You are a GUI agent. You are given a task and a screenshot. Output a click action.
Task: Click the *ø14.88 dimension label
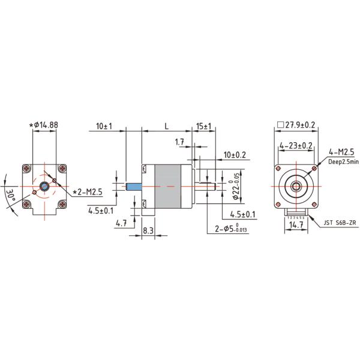click(43, 125)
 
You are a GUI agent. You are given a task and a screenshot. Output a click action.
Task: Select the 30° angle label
click(10, 194)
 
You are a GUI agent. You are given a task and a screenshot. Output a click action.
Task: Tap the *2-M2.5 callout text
click(88, 192)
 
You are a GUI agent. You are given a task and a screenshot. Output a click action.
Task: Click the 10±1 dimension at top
click(104, 127)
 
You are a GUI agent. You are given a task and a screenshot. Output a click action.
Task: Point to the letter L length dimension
click(166, 127)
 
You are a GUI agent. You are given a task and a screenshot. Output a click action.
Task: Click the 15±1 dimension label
click(204, 127)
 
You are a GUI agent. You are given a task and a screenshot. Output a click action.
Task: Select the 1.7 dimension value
click(179, 142)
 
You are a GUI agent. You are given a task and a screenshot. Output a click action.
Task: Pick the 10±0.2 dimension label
click(235, 155)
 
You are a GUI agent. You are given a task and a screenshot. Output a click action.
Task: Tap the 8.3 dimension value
click(148, 230)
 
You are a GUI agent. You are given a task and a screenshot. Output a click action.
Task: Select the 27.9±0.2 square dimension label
click(297, 125)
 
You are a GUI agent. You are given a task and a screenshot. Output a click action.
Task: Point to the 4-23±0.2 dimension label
click(296, 145)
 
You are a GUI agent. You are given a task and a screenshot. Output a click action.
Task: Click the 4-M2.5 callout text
click(341, 152)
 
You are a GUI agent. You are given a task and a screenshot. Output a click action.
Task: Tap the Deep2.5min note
click(343, 161)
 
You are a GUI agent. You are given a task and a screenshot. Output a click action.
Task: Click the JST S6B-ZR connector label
click(340, 223)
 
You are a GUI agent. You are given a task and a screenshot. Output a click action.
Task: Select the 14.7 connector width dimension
click(295, 225)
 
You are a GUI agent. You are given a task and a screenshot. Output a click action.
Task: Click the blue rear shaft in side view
click(134, 187)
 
